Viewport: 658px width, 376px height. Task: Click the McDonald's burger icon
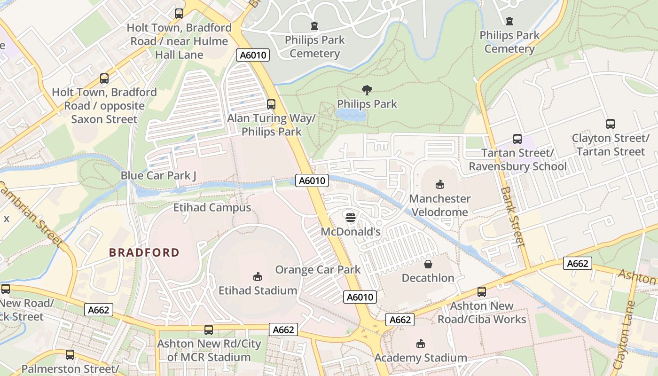[351, 217]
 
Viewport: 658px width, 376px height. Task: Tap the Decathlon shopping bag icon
[428, 264]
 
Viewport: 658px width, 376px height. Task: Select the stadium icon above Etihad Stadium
[258, 277]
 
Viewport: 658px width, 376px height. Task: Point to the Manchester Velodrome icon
[439, 184]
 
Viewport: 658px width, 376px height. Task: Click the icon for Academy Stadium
[421, 344]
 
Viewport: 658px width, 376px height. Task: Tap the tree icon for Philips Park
[367, 90]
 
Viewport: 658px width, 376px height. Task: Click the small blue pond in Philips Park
[351, 115]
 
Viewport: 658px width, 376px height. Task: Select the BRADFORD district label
[144, 252]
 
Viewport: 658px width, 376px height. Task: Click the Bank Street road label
[513, 217]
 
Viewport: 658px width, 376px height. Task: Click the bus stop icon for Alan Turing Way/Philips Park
[271, 104]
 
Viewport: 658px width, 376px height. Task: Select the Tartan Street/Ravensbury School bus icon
[517, 139]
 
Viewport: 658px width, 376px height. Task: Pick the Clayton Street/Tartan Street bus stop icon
[610, 124]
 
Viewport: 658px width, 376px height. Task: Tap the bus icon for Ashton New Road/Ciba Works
[482, 292]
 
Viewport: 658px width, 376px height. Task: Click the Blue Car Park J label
[158, 175]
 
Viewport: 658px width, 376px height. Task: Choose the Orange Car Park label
[318, 269]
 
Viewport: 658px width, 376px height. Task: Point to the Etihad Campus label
[212, 207]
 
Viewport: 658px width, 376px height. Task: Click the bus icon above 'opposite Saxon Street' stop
[104, 78]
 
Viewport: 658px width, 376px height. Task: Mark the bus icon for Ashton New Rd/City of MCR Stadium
[209, 330]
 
